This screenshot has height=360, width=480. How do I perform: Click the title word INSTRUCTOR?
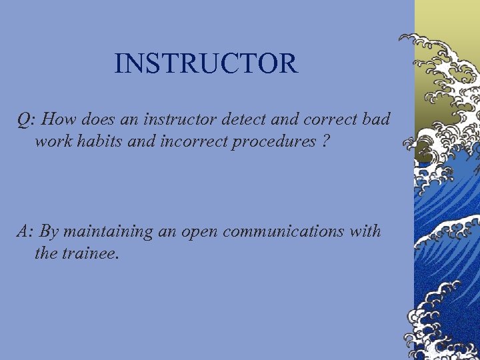pos(205,64)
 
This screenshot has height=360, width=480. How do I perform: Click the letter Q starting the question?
pos(24,120)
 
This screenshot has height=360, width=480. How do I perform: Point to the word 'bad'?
pos(378,119)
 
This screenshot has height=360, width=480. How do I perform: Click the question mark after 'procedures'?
pos(325,141)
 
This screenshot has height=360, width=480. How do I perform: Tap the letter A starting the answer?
pos(23,231)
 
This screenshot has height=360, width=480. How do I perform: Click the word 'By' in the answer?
pos(49,232)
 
